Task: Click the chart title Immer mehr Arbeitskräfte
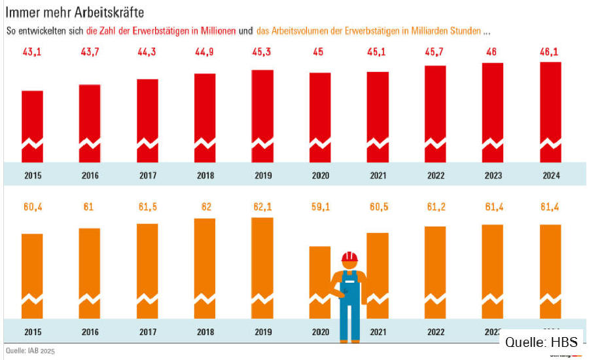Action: point(75,12)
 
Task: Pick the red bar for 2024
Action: point(550,112)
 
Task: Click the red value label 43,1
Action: point(33,52)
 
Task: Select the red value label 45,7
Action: point(435,52)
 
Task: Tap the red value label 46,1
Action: point(550,52)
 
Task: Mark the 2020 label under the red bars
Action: point(320,175)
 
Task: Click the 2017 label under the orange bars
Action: point(148,331)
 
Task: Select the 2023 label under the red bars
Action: point(493,175)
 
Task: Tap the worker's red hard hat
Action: point(350,256)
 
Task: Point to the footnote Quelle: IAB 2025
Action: point(30,351)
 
